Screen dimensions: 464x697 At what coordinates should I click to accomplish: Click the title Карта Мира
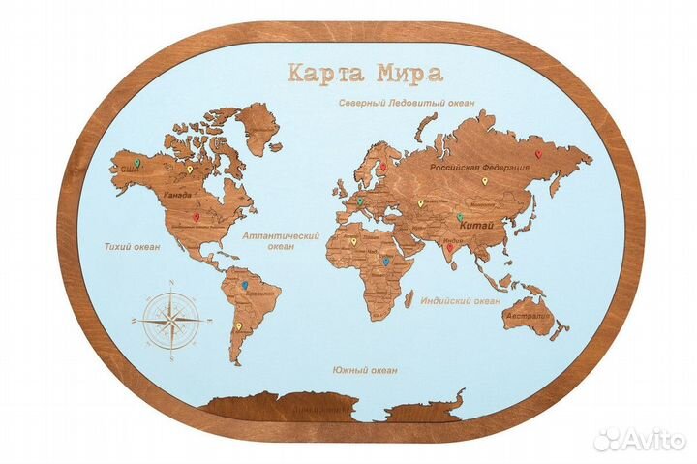pyautogui.click(x=352, y=74)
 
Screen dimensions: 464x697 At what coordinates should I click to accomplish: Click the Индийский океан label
pyautogui.click(x=459, y=301)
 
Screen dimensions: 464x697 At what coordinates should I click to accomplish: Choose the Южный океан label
pyautogui.click(x=364, y=369)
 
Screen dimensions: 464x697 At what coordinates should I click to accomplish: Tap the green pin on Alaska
pyautogui.click(x=136, y=164)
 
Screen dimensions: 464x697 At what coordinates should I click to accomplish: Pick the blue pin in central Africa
pyautogui.click(x=385, y=261)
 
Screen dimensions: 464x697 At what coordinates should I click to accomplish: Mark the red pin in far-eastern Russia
pyautogui.click(x=539, y=151)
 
